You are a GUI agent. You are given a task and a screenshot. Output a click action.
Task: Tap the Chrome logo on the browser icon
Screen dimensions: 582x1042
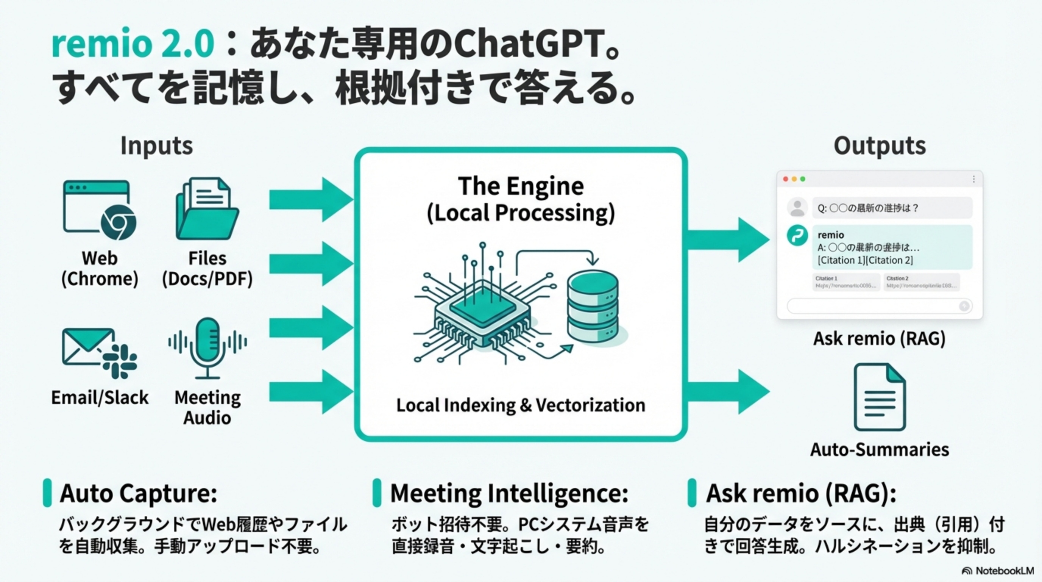click(x=119, y=222)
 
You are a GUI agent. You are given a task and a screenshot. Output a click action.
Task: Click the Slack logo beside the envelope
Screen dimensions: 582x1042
click(x=120, y=361)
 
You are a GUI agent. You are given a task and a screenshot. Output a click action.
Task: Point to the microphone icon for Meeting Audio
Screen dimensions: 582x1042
click(x=207, y=347)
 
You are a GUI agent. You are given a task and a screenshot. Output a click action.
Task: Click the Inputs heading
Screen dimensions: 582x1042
click(x=156, y=146)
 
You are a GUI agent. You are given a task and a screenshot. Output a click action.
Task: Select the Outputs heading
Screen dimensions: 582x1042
click(x=880, y=146)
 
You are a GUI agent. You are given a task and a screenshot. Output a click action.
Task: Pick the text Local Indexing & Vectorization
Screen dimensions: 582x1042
click(x=521, y=405)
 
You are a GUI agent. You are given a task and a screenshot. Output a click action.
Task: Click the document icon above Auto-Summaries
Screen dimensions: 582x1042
click(x=880, y=397)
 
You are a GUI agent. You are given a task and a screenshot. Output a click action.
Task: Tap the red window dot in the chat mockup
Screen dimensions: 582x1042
click(x=786, y=179)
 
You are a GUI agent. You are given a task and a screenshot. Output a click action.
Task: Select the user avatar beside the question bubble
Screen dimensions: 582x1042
click(x=797, y=207)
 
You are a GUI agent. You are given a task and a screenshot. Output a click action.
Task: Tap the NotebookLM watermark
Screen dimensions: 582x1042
click(x=998, y=571)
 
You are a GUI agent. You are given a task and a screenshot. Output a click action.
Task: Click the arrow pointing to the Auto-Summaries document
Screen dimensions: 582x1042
click(x=728, y=391)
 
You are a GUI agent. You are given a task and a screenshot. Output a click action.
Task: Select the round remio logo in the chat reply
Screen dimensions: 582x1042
click(x=797, y=236)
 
